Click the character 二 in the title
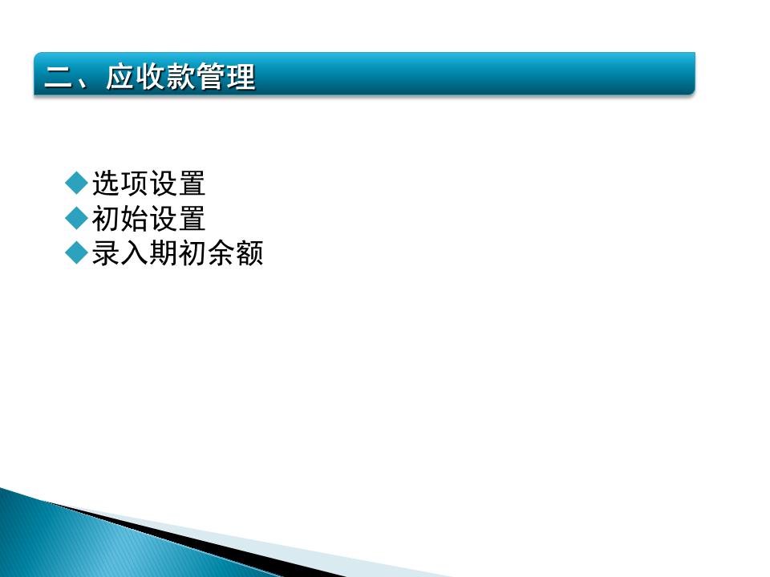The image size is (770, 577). click(59, 77)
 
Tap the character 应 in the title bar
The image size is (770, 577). click(120, 77)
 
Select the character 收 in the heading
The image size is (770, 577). click(151, 77)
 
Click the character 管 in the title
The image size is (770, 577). click(211, 77)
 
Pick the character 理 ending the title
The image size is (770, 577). click(241, 77)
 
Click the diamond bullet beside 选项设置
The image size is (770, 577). click(76, 183)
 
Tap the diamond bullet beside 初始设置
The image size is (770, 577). click(76, 218)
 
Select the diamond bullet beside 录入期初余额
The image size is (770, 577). click(76, 253)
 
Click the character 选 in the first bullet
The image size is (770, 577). click(106, 184)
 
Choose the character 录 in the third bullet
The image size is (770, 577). click(106, 254)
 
